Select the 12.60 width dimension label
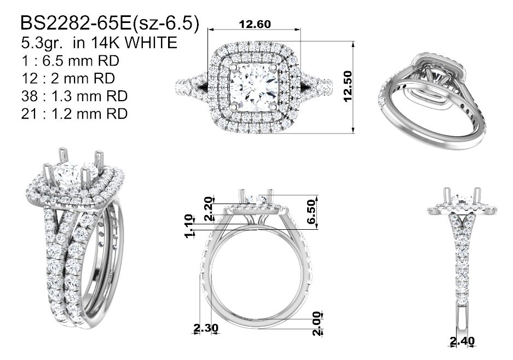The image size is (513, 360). [x=255, y=24]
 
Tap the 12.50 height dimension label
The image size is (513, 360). [x=348, y=86]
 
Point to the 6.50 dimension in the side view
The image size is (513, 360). [x=312, y=212]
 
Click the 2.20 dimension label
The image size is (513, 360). [x=209, y=208]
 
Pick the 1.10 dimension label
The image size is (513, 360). [x=189, y=226]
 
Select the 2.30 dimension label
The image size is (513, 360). [x=206, y=327]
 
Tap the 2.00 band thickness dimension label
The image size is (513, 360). [x=316, y=323]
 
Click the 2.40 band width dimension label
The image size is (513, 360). [x=462, y=341]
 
